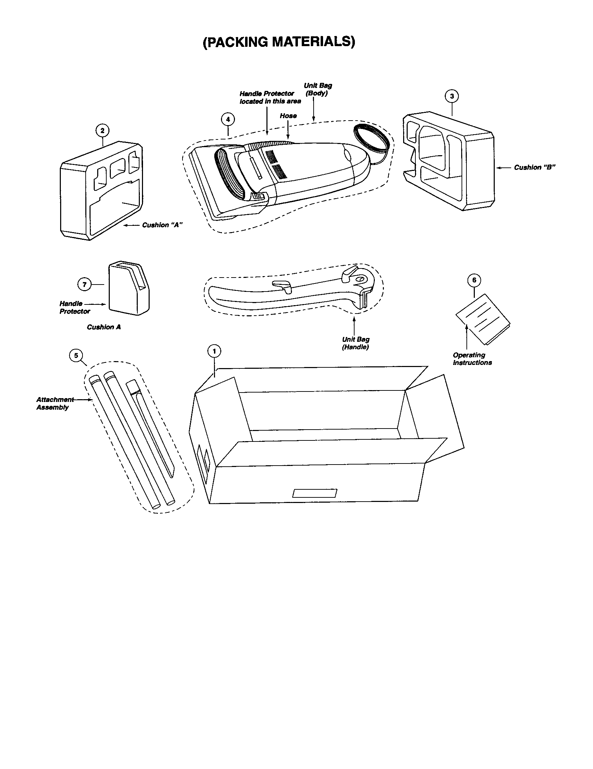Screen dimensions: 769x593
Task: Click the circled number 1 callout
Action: point(214,351)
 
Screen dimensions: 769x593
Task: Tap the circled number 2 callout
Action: point(102,131)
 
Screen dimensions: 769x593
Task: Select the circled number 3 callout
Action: point(452,96)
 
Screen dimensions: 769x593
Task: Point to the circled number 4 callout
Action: point(228,119)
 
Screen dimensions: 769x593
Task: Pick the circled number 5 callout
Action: point(76,355)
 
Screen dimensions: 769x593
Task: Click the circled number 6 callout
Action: point(474,280)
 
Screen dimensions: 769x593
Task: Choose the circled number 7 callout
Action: point(85,285)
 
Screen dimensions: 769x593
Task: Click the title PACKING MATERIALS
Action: point(279,42)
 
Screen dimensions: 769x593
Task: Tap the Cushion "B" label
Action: point(535,167)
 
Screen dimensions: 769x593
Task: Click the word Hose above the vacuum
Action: point(288,116)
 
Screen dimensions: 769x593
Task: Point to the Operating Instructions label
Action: point(472,359)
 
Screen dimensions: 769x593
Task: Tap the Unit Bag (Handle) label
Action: point(356,343)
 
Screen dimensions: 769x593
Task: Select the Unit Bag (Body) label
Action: point(317,89)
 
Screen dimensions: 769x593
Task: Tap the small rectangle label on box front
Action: point(314,493)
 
